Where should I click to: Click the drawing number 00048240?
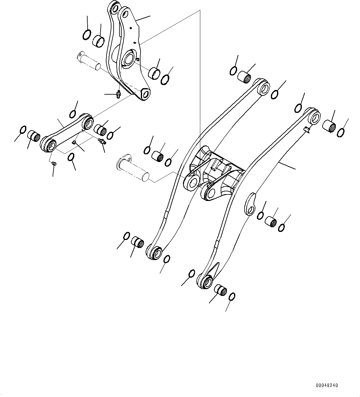327,385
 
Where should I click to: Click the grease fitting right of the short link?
102,142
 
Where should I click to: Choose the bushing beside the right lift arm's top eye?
330,126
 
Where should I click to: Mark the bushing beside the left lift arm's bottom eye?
137,241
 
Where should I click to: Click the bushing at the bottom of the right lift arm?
220,290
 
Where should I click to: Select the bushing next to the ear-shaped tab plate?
271,221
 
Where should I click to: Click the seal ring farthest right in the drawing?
340,132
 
